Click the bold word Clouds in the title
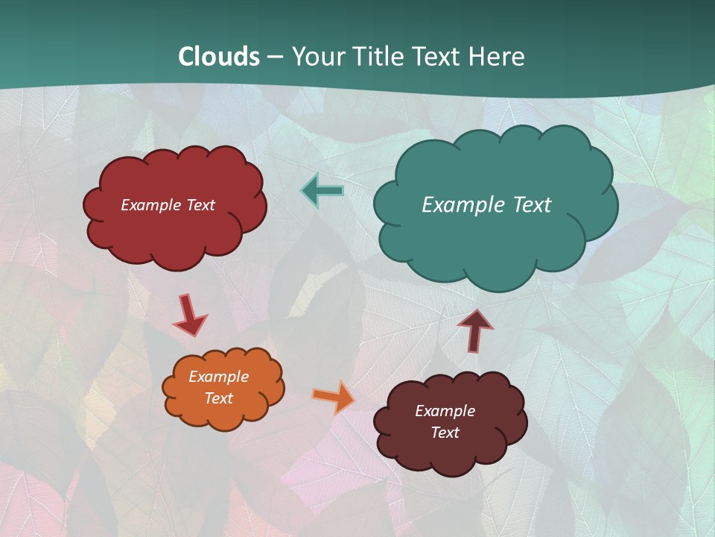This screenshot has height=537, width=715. pyautogui.click(x=219, y=57)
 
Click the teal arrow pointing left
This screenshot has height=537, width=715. pyautogui.click(x=322, y=191)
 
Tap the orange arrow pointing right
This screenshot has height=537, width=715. pyautogui.click(x=334, y=397)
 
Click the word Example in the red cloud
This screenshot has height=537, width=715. pyautogui.click(x=151, y=205)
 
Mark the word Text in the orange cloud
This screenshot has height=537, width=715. pyautogui.click(x=219, y=398)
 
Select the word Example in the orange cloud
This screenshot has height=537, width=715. pyautogui.click(x=219, y=377)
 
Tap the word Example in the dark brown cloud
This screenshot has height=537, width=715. pyautogui.click(x=445, y=411)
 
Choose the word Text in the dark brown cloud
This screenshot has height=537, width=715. pyautogui.click(x=445, y=433)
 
